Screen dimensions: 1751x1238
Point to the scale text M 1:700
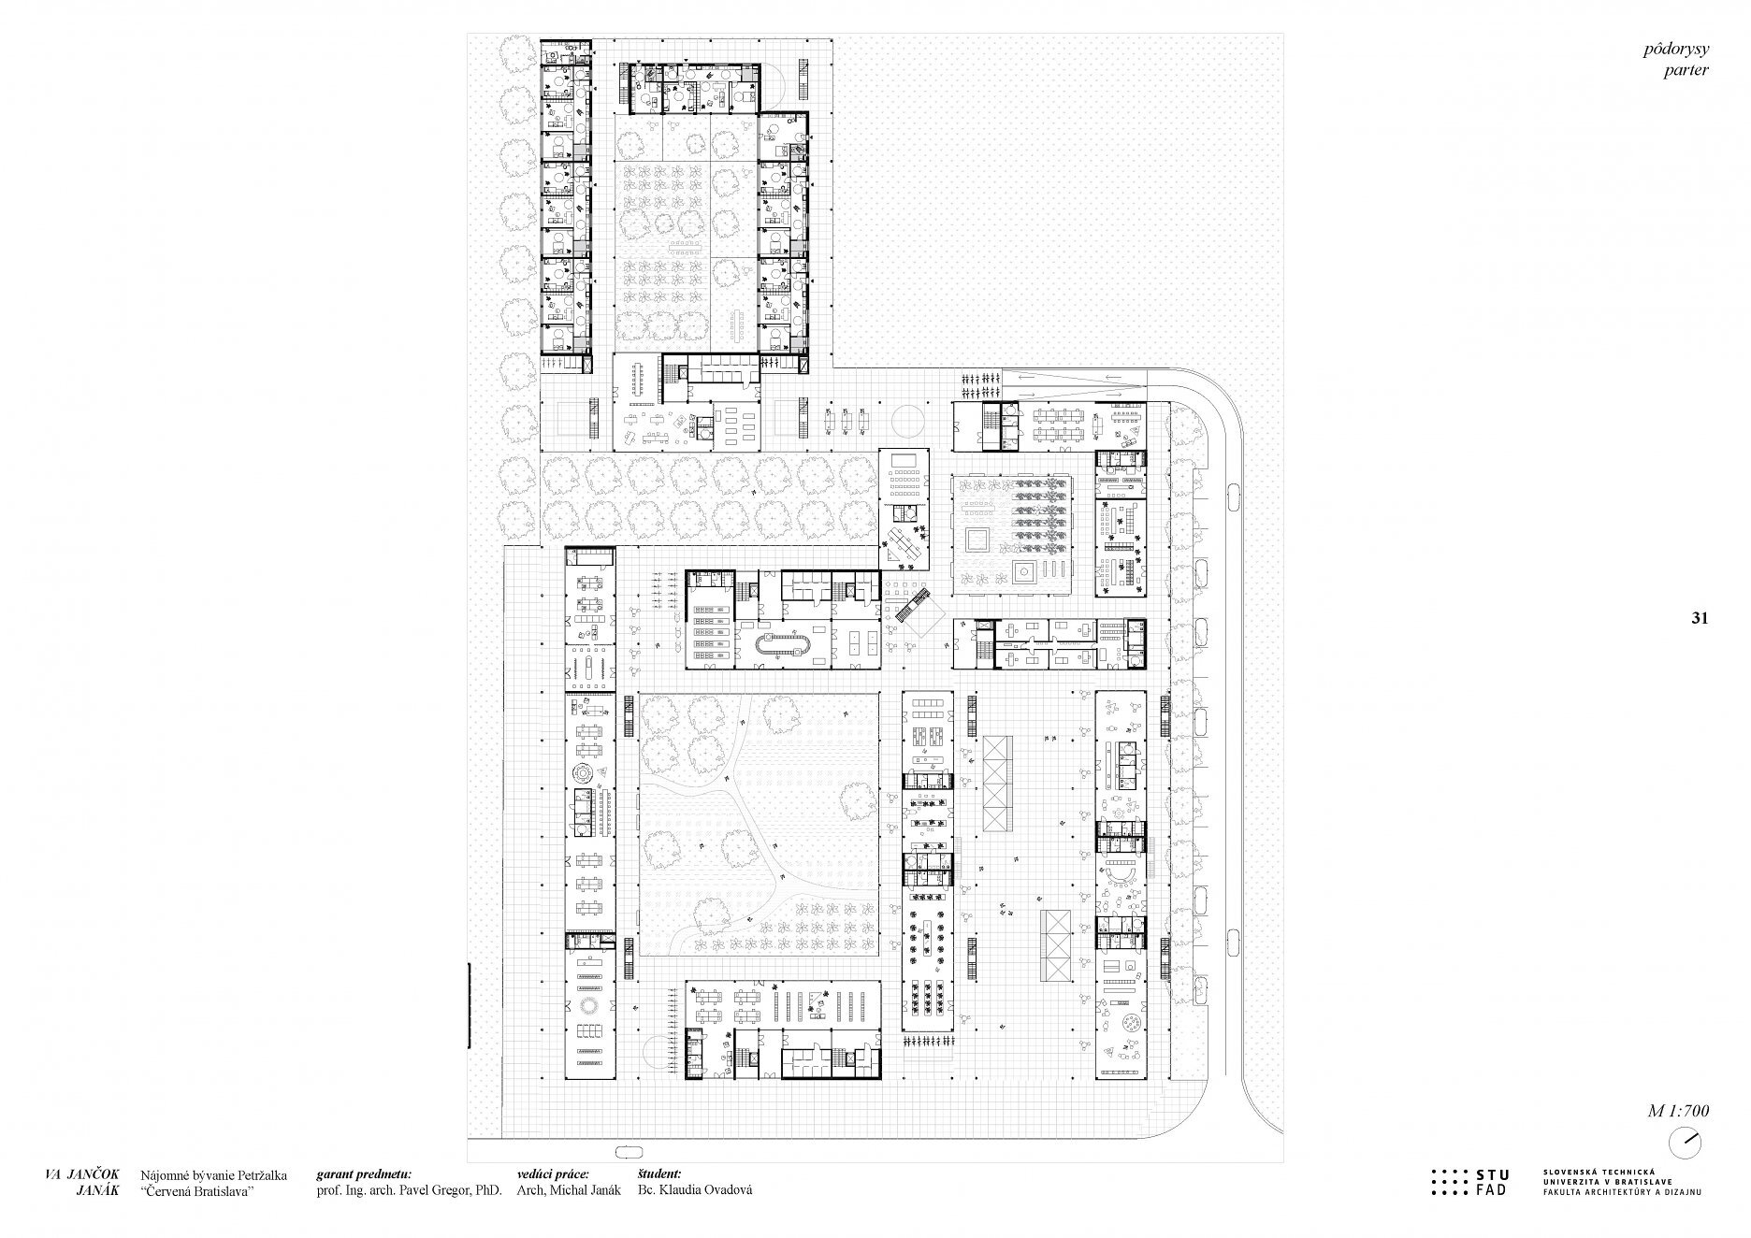[x=1678, y=1111]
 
